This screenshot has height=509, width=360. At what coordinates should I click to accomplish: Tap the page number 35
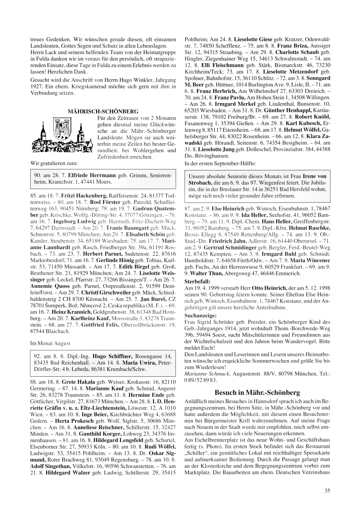pos(327,490)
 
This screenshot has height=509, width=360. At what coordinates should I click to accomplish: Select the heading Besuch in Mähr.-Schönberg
pos(257,392)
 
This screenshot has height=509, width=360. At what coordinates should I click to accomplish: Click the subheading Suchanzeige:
pos(198,315)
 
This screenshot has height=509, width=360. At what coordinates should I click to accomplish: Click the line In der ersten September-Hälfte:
pos(220,163)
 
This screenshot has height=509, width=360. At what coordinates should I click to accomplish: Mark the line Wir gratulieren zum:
pos(52,163)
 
